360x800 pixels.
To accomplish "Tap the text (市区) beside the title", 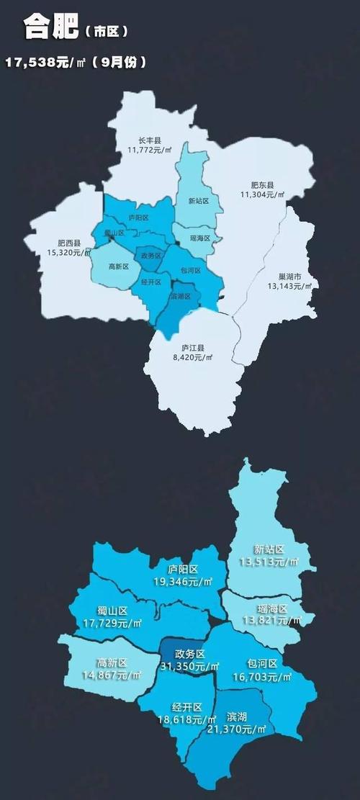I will (106, 32).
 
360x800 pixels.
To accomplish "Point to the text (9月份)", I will (123, 63).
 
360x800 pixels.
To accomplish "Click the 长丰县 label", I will (150, 140).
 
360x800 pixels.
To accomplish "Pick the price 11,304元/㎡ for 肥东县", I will (263, 195).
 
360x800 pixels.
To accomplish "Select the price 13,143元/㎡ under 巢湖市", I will (289, 286).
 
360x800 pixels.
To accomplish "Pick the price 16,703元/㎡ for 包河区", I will (264, 676).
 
